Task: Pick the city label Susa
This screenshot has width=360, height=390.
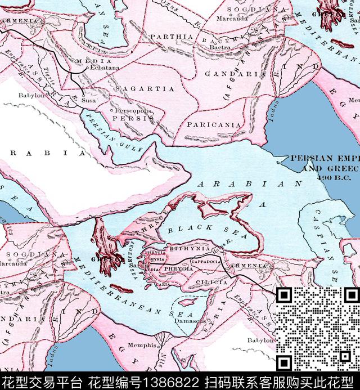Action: (x=89, y=100)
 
